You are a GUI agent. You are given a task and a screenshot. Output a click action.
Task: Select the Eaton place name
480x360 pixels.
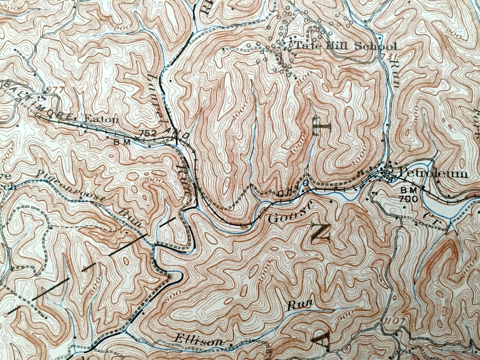point(101,119)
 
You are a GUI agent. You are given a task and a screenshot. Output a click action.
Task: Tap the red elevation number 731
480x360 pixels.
point(388,56)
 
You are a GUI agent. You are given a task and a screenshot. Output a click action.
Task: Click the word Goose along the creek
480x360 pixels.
point(290,213)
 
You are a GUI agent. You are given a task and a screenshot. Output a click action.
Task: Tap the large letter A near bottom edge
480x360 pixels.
point(321,339)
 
